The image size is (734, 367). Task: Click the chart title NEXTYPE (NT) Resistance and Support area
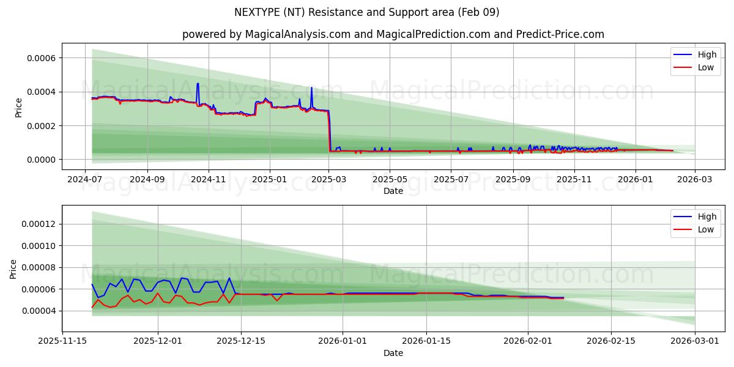coord(366,12)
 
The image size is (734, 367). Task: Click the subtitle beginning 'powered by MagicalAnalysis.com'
coord(393,34)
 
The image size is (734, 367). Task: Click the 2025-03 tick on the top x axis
coord(329,180)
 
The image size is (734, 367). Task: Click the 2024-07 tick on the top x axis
coord(85,180)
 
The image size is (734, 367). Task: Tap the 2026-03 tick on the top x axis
coord(695,180)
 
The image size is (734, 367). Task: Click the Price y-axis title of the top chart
coord(18,107)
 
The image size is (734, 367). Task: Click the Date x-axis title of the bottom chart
coord(393,353)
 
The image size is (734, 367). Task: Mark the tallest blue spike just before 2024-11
coord(198,84)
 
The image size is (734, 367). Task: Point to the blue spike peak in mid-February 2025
coord(311,87)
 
